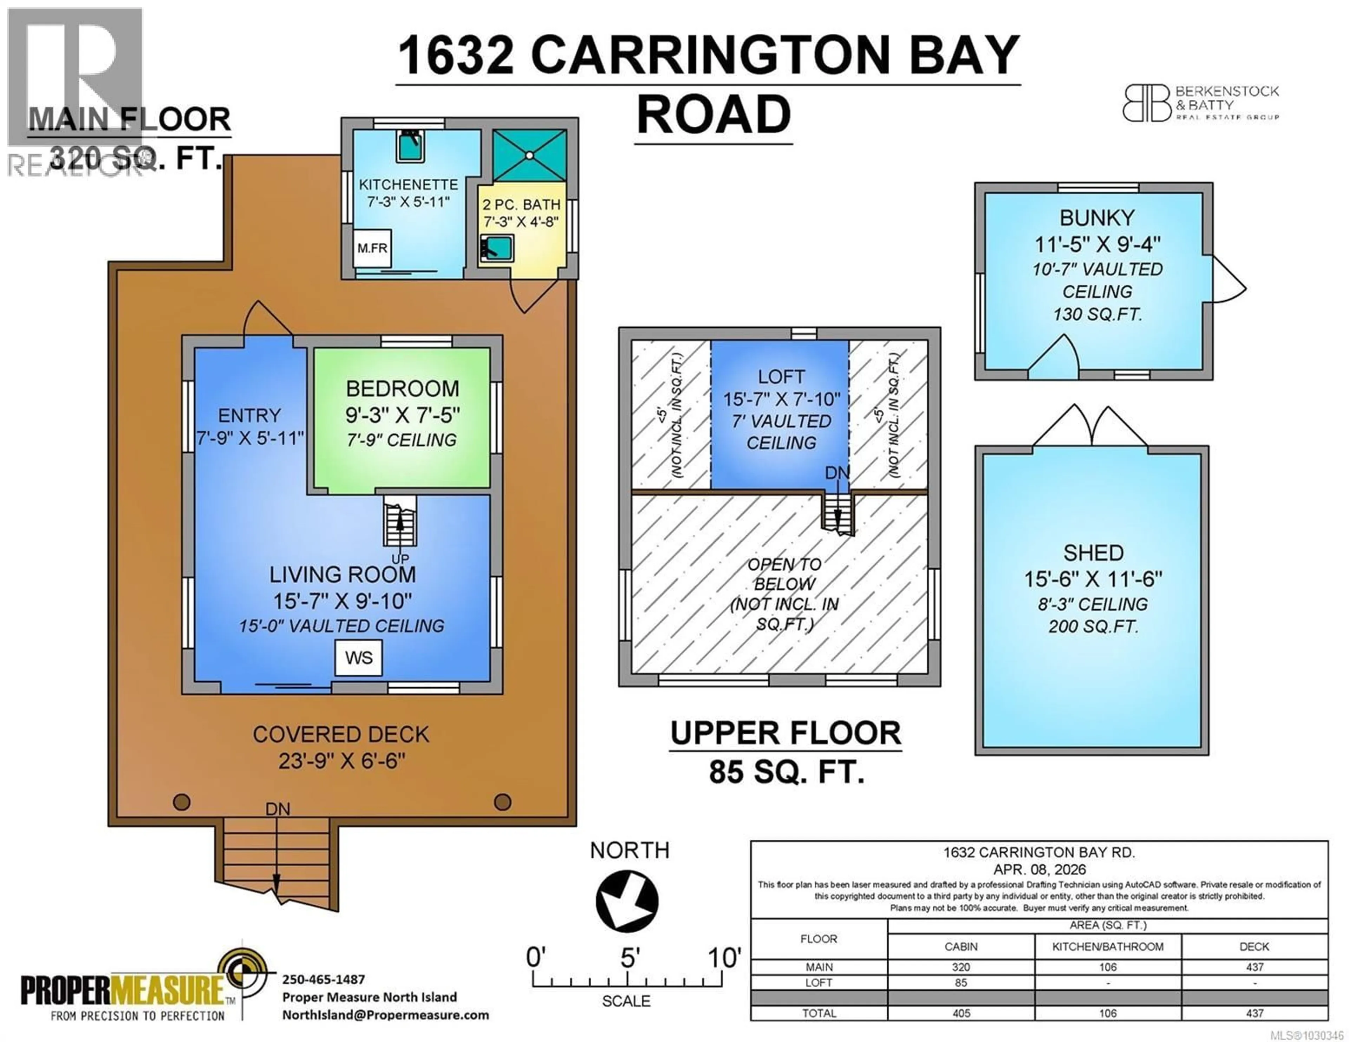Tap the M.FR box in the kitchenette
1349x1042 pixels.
pos(372,248)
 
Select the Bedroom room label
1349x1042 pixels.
pos(402,388)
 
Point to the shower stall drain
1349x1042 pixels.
pos(529,156)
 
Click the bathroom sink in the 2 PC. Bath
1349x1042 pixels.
pos(497,248)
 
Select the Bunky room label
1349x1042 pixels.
pos(1097,218)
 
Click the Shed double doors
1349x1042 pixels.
pos(1090,427)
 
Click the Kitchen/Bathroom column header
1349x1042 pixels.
pos(1108,946)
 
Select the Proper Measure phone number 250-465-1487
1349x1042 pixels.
pos(323,979)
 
